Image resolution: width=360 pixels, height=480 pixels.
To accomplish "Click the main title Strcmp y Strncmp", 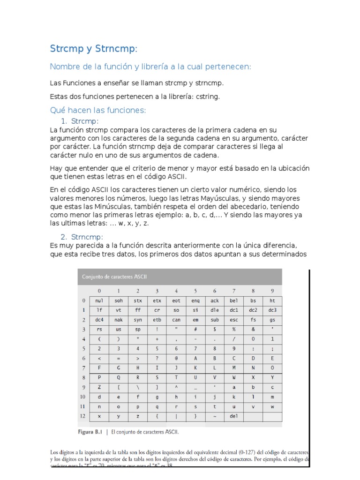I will point(94,49).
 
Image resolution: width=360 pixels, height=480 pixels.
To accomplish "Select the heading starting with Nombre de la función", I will point(150,67).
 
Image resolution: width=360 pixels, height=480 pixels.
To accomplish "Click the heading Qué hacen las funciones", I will point(98,110).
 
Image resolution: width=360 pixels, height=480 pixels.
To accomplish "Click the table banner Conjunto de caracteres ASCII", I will point(114,277).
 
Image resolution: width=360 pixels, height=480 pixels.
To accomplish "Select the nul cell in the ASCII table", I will point(99,300).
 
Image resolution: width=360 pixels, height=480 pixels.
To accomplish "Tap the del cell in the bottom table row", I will point(233,416).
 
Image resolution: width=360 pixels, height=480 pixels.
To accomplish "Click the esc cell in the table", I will point(233,320).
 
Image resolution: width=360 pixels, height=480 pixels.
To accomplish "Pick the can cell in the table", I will point(176,320).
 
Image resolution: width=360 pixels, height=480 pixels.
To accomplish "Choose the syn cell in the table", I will point(138,320).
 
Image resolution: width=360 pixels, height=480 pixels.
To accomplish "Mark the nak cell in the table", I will point(119,320).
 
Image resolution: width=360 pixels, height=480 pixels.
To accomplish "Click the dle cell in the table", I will point(214,310).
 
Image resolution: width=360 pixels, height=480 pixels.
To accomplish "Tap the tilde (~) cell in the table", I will point(214,416).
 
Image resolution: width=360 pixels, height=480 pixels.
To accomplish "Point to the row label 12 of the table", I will point(83,416).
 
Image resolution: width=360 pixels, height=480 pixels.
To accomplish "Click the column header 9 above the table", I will point(272,291).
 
